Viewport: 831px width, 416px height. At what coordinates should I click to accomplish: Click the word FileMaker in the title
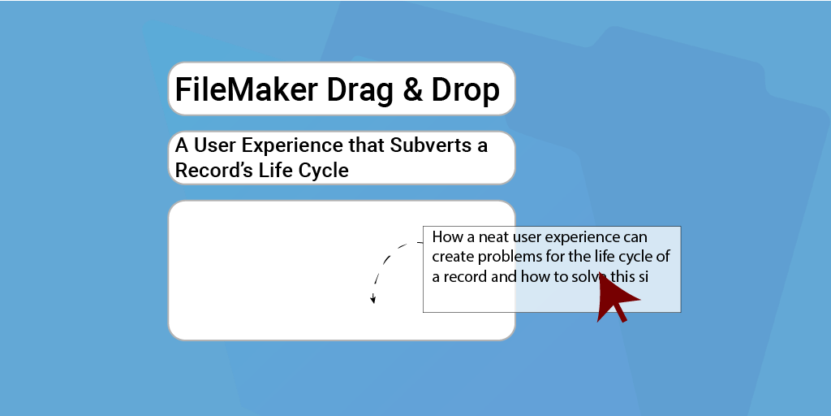point(246,89)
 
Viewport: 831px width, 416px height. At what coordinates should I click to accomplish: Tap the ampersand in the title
point(413,89)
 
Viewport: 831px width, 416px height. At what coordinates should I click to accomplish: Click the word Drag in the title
point(360,91)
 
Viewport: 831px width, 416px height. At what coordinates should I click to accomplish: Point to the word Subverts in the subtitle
point(433,145)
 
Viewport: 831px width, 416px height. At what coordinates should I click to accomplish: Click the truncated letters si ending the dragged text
point(643,276)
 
